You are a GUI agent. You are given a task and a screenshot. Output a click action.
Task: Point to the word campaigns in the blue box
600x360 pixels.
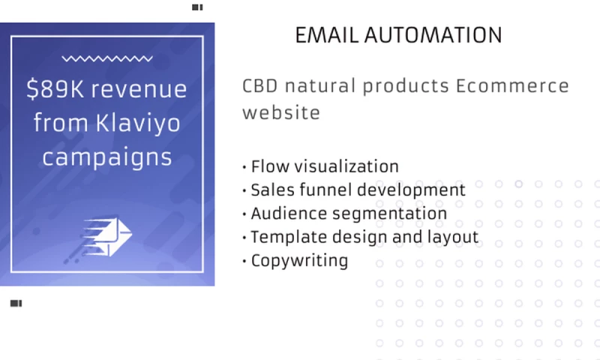107,157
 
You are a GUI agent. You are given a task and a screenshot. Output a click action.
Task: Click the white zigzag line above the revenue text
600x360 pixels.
107,58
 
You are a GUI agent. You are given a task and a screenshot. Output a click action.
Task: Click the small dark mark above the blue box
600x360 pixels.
197,7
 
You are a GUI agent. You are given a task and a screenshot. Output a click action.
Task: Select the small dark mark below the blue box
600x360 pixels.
16,304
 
